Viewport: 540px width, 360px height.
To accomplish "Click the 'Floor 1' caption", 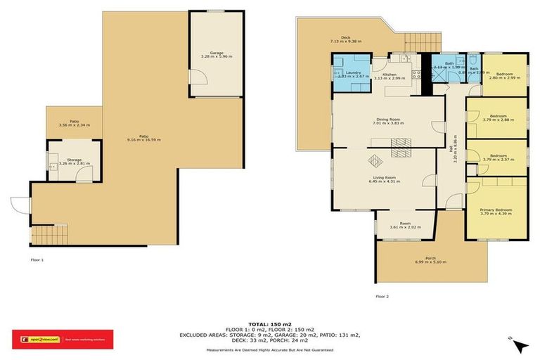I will click(x=38, y=260).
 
